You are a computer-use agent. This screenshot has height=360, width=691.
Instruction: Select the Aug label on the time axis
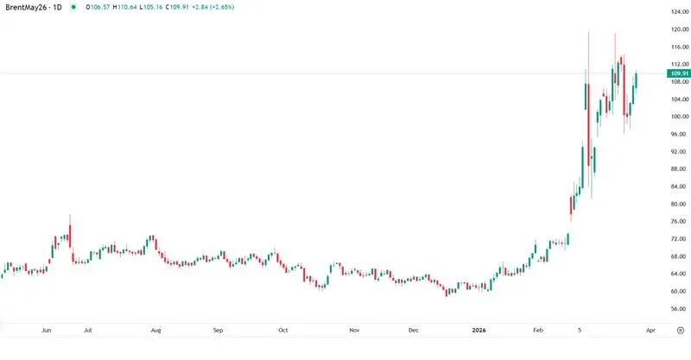tap(155, 330)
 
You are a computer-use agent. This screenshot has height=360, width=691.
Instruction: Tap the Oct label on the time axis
tap(282, 330)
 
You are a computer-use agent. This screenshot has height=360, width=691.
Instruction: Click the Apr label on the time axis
tap(651, 330)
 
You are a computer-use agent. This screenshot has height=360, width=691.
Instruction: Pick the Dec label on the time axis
tap(414, 330)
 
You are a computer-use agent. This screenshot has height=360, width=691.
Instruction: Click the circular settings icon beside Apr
tap(681, 330)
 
